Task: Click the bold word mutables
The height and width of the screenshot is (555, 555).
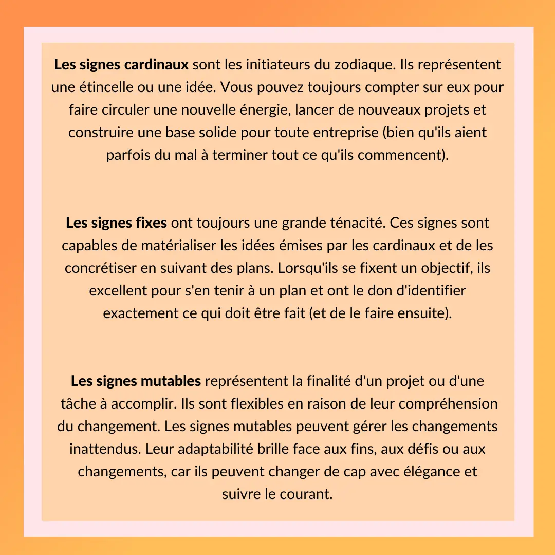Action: point(170,381)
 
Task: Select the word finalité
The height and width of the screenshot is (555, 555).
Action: point(313,381)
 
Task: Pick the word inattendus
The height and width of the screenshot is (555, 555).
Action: point(105,449)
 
